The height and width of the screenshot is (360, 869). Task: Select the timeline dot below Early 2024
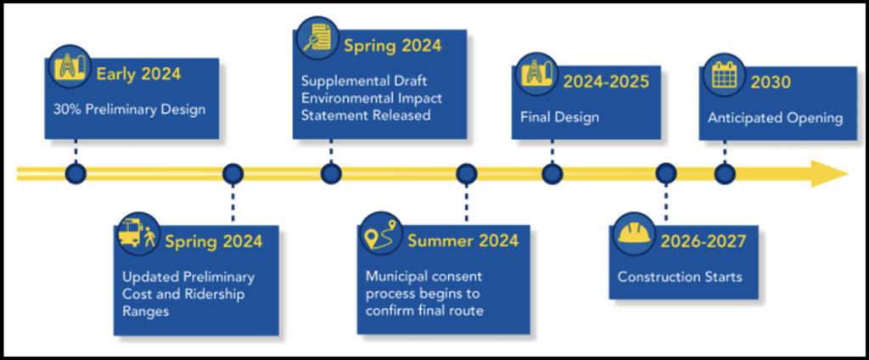pos(76,173)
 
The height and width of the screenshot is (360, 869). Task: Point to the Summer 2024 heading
pos(463,240)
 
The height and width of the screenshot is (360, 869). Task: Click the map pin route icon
pos(379,234)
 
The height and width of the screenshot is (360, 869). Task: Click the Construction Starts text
pos(679,277)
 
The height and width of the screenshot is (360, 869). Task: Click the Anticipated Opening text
pos(775,118)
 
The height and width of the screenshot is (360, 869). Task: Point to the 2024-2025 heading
pos(606,82)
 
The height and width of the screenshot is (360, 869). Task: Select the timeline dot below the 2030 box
pos(724,173)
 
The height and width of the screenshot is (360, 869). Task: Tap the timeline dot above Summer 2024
pos(466,173)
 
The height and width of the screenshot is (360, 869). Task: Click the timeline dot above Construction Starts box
pos(666,173)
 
